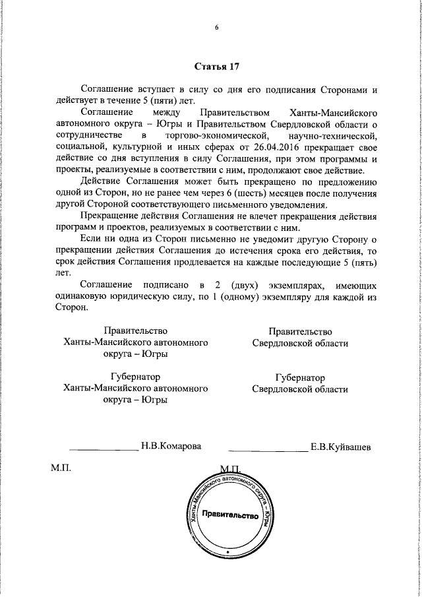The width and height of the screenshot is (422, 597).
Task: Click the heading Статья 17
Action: (x=216, y=67)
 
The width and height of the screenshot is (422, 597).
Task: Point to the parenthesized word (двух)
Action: (x=245, y=286)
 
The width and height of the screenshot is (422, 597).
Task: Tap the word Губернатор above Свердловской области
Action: (x=300, y=378)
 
